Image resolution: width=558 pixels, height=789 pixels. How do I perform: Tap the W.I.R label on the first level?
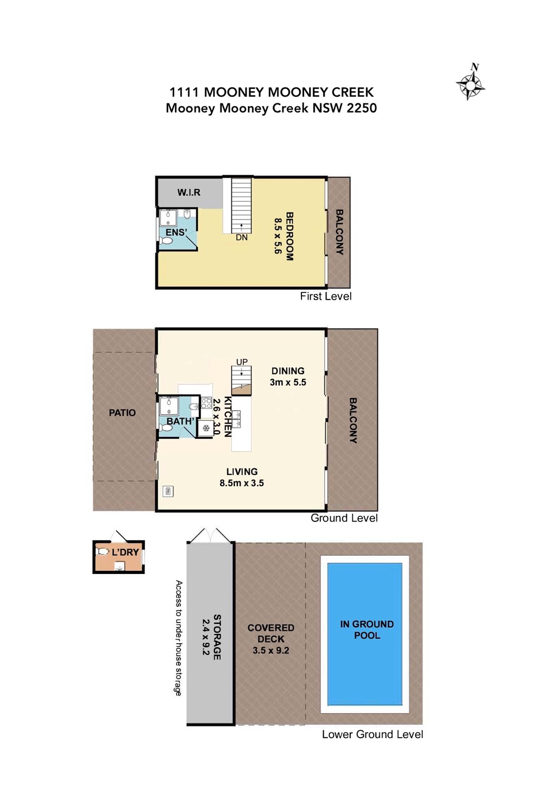coord(189,192)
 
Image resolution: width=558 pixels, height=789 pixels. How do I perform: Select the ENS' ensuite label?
coord(176,232)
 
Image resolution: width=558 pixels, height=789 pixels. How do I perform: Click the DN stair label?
coord(241,237)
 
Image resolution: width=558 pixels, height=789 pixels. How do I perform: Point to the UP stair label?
coord(241,362)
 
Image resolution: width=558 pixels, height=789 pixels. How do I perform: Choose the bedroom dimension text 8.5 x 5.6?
coord(278,236)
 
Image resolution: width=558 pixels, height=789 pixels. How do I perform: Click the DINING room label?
coord(288,371)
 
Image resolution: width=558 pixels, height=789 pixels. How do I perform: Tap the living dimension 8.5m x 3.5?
coord(241,483)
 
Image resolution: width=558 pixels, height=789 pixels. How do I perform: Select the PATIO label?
coord(122,413)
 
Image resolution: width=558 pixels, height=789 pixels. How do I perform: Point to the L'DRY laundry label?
coord(125,552)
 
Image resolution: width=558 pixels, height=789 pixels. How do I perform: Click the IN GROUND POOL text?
coord(367,630)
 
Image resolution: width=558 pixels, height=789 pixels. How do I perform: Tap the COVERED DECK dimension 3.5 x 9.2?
coord(271,650)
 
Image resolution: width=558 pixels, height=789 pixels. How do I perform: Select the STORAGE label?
coord(217,637)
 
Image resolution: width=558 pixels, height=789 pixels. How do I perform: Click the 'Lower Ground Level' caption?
coord(372,734)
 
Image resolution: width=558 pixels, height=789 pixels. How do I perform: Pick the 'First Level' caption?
coord(326,296)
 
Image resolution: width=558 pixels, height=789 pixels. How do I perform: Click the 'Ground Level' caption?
coord(344,518)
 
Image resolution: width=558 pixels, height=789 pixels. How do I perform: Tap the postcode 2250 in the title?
coord(362,108)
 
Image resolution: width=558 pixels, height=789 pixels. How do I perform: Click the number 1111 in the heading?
coord(184,92)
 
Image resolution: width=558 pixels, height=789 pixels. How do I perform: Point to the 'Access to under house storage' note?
coord(179,638)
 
